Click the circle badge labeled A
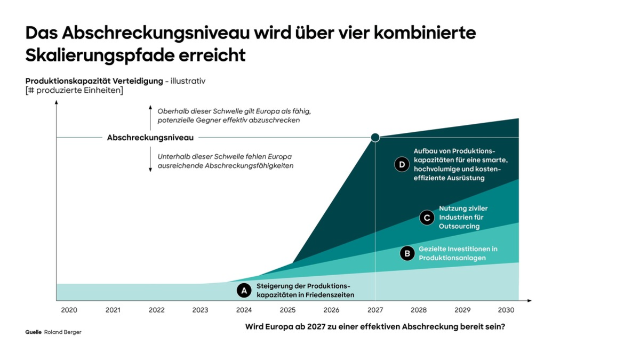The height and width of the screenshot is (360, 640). [x=244, y=290]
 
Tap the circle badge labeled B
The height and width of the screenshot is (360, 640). [x=407, y=253]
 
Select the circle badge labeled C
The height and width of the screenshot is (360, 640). [x=427, y=218]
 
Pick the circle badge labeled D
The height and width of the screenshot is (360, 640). [x=402, y=164]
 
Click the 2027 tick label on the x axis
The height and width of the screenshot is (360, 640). [x=375, y=310]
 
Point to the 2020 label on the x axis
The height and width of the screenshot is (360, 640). [x=69, y=310]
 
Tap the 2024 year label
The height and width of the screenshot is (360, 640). [x=244, y=310]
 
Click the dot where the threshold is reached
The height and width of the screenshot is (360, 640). [x=375, y=138]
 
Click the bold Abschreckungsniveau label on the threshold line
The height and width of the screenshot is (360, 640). [x=150, y=138]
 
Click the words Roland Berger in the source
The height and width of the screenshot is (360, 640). [x=62, y=332]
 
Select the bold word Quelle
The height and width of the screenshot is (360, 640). [x=33, y=332]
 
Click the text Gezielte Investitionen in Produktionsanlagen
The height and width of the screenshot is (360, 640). [x=458, y=253]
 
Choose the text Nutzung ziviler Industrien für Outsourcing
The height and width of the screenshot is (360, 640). [x=463, y=217]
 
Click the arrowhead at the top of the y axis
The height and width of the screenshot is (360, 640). [x=57, y=102]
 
